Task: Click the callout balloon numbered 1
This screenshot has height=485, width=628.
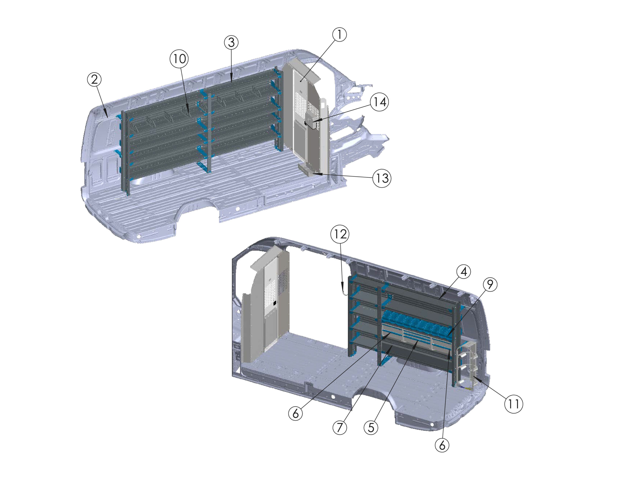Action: (339, 35)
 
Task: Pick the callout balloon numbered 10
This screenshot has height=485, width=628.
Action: (179, 59)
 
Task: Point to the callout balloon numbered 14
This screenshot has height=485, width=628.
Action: (379, 102)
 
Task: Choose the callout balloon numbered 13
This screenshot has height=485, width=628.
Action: (382, 178)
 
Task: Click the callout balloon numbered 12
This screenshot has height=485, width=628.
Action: (340, 234)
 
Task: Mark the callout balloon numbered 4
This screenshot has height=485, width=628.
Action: (463, 272)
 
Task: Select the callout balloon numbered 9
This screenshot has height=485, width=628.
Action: (490, 284)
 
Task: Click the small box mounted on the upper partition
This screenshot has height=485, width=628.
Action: (311, 120)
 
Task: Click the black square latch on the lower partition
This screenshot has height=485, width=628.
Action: (275, 303)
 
